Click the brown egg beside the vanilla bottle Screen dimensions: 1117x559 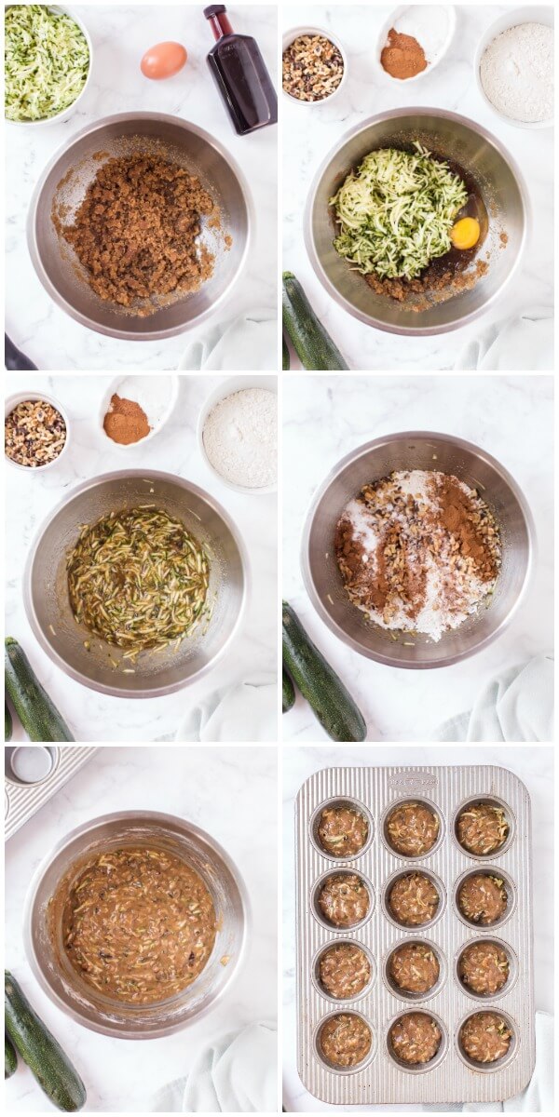coord(163,61)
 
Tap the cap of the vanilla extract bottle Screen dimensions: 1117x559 coord(216,16)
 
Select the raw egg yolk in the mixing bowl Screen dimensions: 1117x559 coord(465,233)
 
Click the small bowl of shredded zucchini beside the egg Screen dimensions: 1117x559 coord(45,62)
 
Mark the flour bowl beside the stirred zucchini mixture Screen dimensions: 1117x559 coord(240,438)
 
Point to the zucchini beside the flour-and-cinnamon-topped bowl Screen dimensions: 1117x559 coord(322,672)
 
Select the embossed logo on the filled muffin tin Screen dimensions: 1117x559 coord(412,781)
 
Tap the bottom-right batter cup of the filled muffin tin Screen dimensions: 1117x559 coord(484,1039)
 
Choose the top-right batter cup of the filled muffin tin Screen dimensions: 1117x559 coord(484,828)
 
